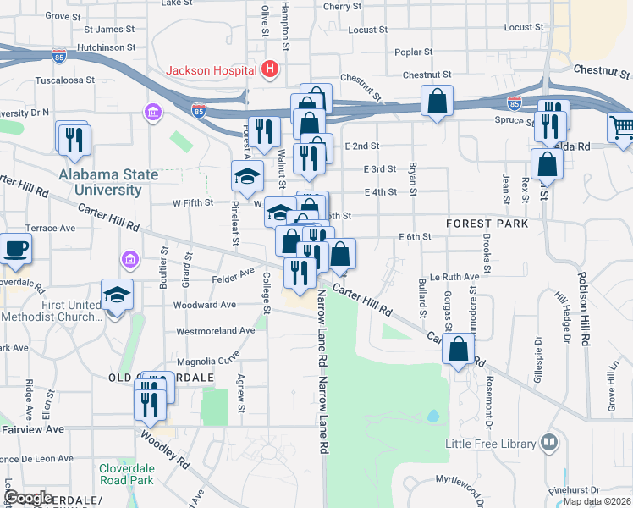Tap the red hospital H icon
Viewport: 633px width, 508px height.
click(x=270, y=69)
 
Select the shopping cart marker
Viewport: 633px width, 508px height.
click(x=621, y=128)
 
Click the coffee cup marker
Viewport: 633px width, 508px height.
click(x=15, y=248)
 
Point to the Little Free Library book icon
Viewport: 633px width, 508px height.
click(x=548, y=443)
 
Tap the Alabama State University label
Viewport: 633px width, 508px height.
click(x=108, y=182)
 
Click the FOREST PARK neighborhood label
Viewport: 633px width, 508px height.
click(x=487, y=224)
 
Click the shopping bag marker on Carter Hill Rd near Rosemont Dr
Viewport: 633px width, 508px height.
click(x=458, y=349)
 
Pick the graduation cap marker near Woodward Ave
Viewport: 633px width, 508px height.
click(x=118, y=294)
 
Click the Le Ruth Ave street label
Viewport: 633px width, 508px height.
click(x=454, y=276)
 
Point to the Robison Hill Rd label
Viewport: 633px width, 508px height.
click(x=582, y=309)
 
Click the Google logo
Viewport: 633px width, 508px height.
click(x=29, y=497)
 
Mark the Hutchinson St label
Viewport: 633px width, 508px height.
click(x=106, y=48)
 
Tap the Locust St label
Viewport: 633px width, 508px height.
click(x=367, y=29)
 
